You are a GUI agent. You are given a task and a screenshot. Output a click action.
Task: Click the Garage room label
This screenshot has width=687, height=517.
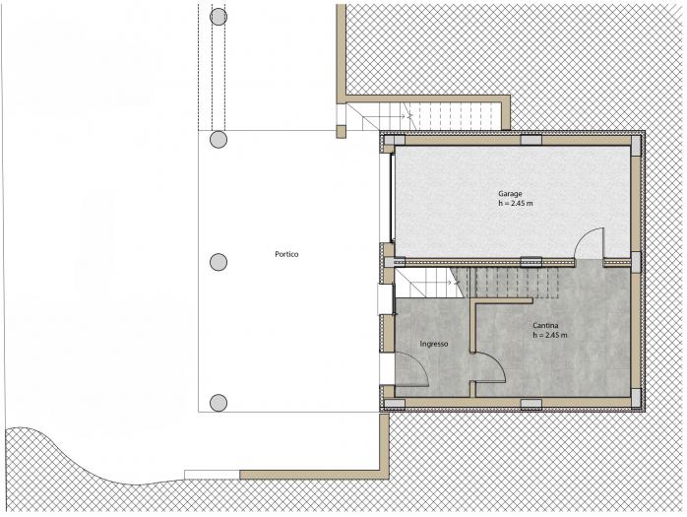510,193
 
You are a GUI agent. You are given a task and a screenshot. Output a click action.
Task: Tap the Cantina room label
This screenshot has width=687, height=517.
545,325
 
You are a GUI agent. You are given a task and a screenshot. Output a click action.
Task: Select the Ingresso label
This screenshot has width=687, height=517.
434,344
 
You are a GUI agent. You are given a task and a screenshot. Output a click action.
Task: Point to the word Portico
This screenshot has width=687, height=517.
286,254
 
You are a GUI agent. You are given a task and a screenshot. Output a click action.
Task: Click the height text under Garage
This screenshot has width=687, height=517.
516,204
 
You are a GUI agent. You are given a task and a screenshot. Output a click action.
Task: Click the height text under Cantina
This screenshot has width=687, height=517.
550,335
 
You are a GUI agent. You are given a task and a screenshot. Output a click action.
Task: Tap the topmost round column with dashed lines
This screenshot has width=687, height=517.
219,17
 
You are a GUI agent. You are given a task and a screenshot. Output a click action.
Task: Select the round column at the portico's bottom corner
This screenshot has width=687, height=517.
219,403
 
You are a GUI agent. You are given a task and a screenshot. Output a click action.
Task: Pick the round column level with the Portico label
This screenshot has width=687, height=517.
219,262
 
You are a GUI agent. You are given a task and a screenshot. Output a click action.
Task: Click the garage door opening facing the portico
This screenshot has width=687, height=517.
387,197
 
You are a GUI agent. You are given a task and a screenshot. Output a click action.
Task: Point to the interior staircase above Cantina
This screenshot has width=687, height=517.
477,283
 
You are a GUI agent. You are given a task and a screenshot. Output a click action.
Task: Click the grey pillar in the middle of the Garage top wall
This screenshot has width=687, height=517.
531,140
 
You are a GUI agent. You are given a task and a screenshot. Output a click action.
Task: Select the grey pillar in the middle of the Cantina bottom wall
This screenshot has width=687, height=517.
531,404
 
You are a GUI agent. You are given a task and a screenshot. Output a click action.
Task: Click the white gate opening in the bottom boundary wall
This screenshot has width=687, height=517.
212,475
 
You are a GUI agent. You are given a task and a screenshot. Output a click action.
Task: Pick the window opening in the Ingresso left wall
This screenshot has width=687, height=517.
386,299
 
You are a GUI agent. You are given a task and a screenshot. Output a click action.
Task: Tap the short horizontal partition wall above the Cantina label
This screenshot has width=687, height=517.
502,300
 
